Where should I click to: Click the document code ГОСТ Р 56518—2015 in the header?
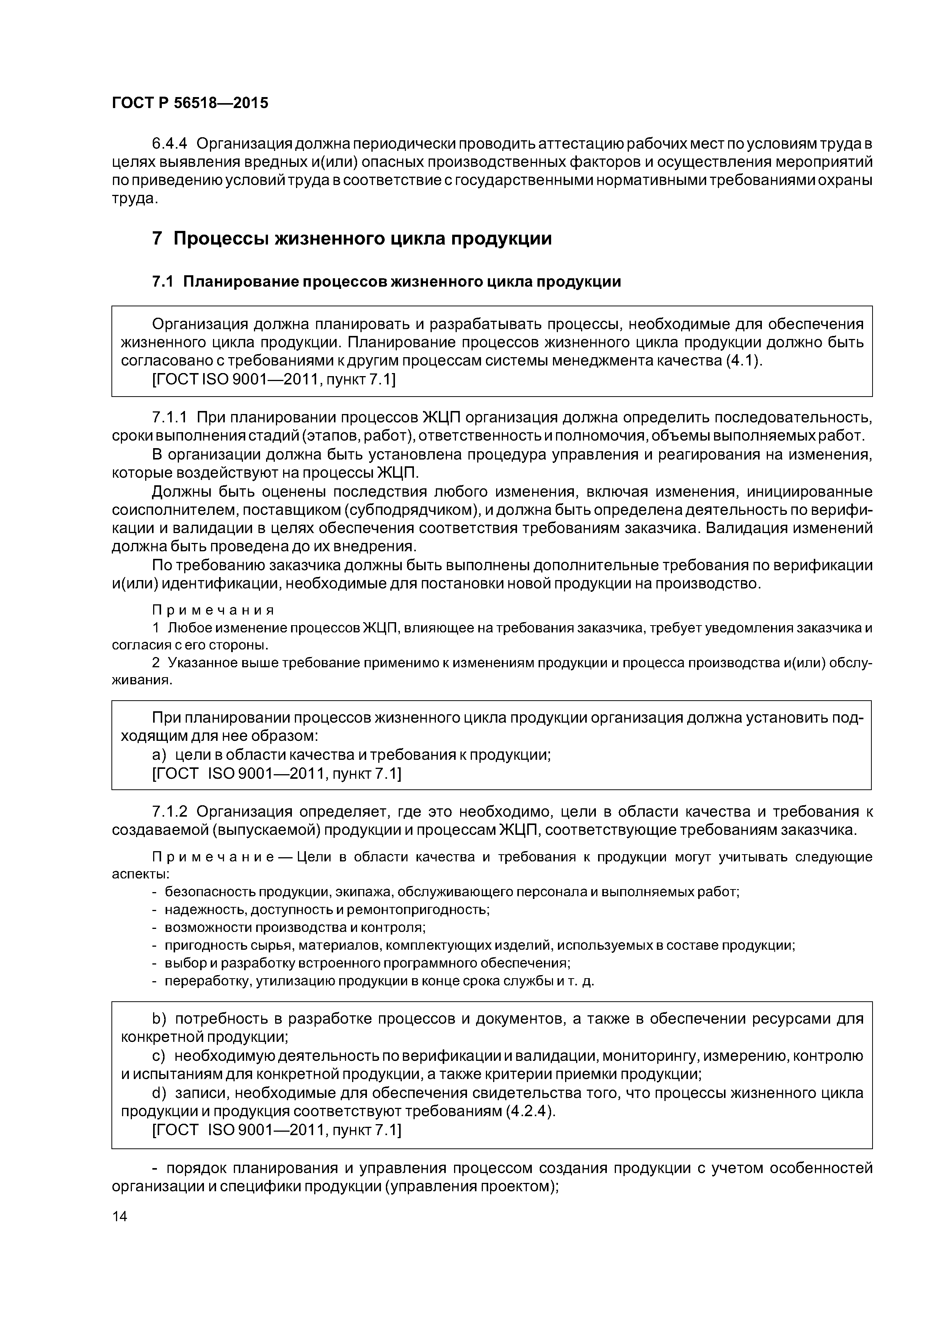click(x=190, y=103)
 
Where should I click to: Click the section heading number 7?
click(x=157, y=238)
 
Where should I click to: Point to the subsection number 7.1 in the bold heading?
click(x=162, y=282)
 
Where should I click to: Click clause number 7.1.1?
click(x=170, y=418)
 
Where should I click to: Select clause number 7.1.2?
click(x=170, y=812)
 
